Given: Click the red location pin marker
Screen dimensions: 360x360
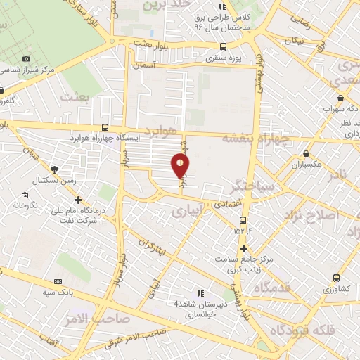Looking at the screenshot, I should point(181,166).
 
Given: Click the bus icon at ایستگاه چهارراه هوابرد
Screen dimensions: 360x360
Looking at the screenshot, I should point(105,127).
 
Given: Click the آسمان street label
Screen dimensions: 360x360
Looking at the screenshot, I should point(146,64).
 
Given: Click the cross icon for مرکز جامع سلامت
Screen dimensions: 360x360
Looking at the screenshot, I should point(243,248).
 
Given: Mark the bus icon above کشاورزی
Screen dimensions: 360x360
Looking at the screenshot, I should point(335,278).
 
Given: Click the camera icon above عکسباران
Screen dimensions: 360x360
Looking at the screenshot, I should point(306,153).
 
